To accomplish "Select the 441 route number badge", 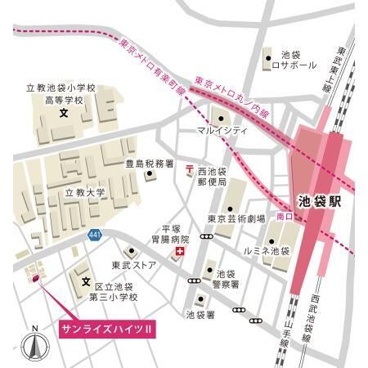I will (x=95, y=236).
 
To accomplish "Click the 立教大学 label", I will (x=85, y=193).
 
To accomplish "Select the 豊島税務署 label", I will (x=149, y=164).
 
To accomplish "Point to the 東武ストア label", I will (x=133, y=264).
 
